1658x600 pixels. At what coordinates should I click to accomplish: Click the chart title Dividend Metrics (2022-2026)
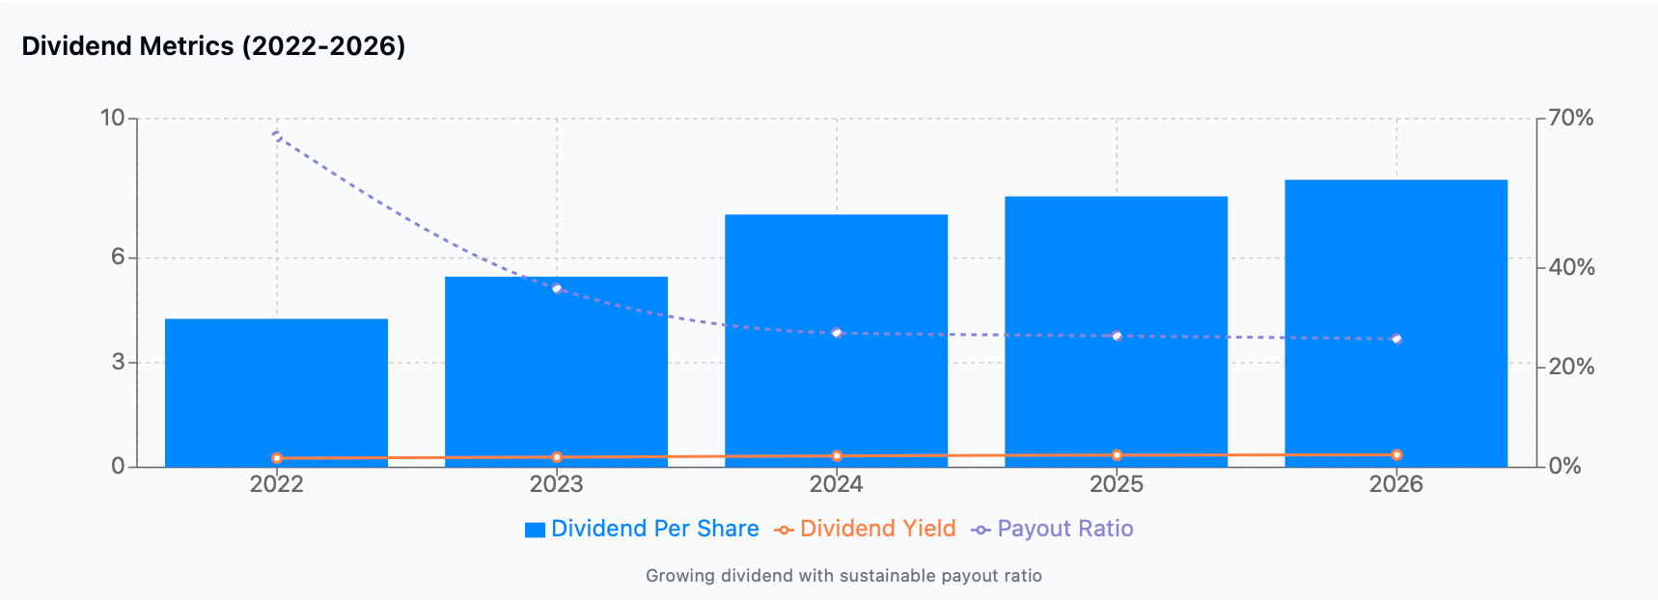tap(213, 46)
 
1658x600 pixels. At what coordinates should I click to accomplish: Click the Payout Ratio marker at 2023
tap(557, 288)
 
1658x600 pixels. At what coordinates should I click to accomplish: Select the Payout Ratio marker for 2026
tap(1396, 339)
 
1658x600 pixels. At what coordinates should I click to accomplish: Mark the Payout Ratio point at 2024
tap(837, 333)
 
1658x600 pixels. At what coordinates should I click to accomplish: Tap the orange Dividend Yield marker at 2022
tap(277, 458)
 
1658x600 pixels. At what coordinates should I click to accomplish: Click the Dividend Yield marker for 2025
tap(1117, 455)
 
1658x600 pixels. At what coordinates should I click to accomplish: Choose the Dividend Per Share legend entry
tap(642, 529)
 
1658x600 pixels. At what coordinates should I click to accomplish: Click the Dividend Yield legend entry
tap(866, 529)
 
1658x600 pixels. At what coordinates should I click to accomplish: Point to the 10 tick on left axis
tap(112, 119)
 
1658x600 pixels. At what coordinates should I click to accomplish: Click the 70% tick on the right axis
tap(1570, 119)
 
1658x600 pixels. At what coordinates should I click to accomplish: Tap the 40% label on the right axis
tap(1570, 267)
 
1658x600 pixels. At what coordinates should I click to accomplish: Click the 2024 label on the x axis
tap(836, 484)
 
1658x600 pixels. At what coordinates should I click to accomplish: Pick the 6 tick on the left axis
tap(118, 257)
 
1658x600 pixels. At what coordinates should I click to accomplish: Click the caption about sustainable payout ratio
tap(843, 576)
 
